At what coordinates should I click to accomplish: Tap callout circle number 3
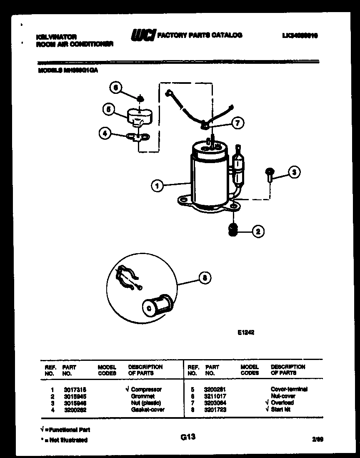[294, 172]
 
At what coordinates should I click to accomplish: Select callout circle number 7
[237, 123]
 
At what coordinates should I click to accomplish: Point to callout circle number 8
[204, 278]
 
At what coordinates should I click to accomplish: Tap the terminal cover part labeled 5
[139, 116]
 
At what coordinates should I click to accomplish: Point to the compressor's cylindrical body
[208, 175]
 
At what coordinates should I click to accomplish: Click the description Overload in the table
[282, 403]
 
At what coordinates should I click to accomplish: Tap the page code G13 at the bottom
[188, 437]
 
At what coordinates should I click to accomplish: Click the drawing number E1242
[246, 333]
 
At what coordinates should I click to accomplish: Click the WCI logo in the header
[143, 36]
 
